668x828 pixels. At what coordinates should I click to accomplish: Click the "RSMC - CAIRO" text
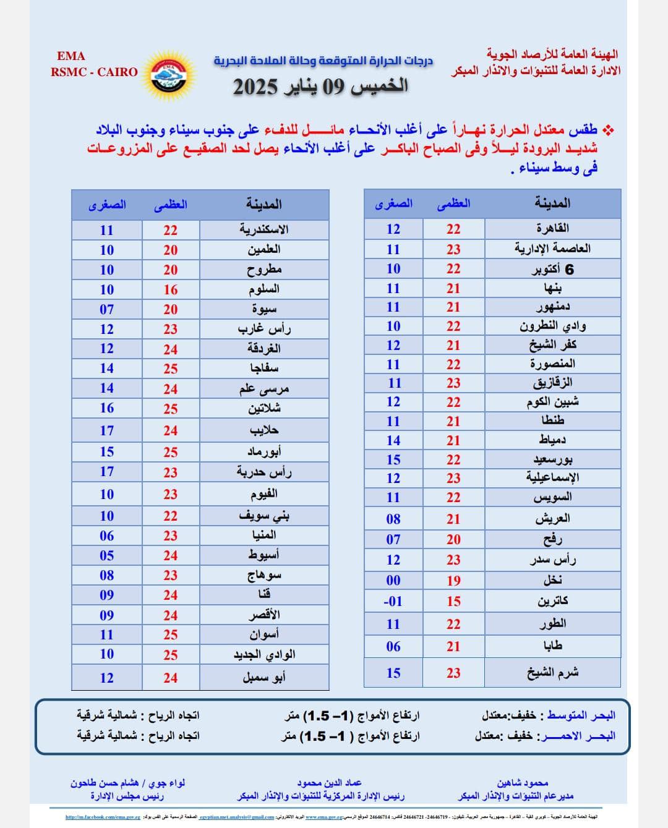tap(95, 72)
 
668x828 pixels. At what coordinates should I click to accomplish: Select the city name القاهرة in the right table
tap(552, 228)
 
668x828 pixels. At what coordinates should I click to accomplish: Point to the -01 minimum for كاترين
tap(393, 601)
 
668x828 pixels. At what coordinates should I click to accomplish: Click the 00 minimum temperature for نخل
tap(393, 581)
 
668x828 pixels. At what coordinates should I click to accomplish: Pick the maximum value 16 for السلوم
tap(171, 290)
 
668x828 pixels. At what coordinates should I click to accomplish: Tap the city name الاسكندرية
tap(264, 229)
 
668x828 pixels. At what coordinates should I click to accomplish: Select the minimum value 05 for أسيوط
tap(107, 555)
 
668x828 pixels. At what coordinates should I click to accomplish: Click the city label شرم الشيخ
tap(552, 672)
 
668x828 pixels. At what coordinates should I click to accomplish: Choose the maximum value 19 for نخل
tap(453, 581)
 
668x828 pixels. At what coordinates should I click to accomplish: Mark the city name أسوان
tap(264, 634)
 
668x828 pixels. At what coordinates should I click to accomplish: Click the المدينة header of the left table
tap(263, 204)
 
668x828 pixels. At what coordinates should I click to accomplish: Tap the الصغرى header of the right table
tap(393, 203)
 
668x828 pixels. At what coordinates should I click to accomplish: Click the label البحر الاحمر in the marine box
tap(578, 736)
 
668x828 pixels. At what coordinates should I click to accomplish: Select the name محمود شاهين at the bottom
tap(523, 783)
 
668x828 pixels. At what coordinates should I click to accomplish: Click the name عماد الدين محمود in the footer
tap(329, 783)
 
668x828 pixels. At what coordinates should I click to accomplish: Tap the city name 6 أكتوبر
tap(552, 269)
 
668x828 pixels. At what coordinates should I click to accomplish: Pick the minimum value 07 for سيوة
tap(107, 309)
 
